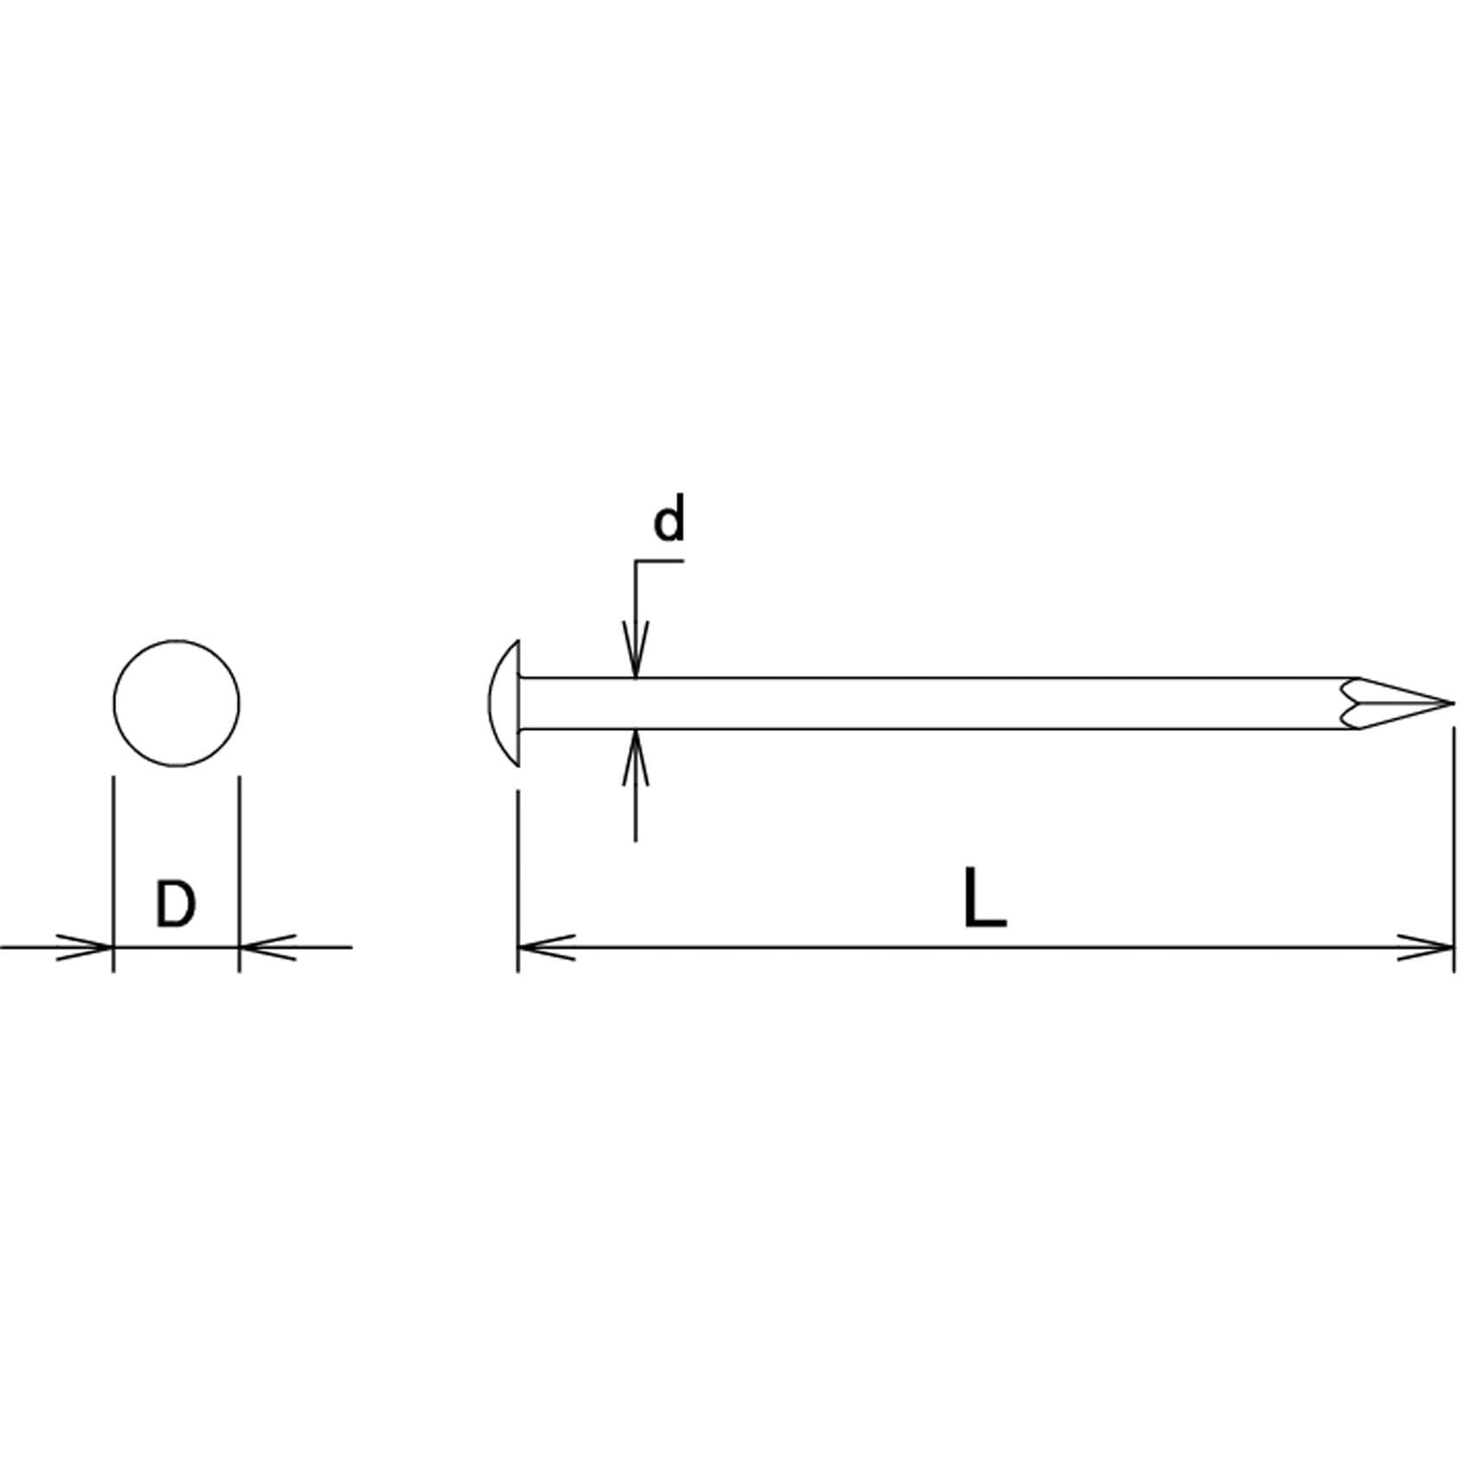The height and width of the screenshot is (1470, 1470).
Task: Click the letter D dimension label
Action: [x=176, y=903]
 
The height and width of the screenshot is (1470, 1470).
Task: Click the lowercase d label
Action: [x=669, y=519]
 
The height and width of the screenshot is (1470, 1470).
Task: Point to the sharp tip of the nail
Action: [x=1454, y=703]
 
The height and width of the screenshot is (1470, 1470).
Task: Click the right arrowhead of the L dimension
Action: [x=1426, y=947]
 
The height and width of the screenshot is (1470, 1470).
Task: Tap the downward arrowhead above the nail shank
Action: [x=636, y=650]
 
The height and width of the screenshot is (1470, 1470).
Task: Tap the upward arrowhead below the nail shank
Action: [x=636, y=758]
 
